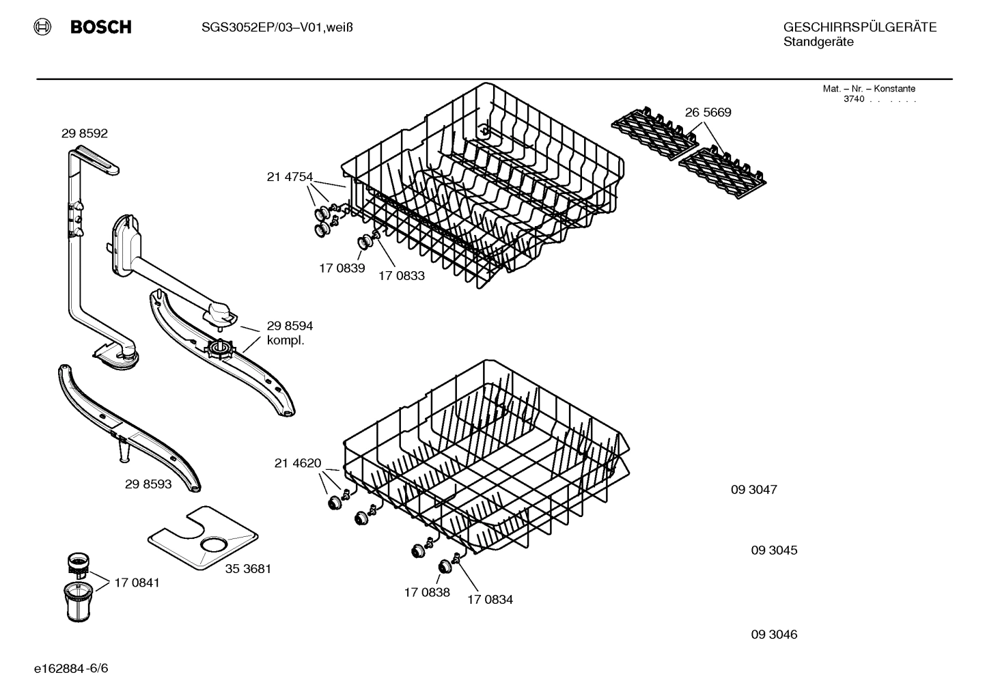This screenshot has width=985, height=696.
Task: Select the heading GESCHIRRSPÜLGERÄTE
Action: click(x=859, y=27)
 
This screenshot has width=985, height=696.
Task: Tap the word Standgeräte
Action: click(x=818, y=42)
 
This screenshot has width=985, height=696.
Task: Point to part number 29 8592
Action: click(x=84, y=134)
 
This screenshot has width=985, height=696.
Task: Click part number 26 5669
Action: click(x=708, y=113)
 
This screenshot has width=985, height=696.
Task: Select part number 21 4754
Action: click(x=289, y=178)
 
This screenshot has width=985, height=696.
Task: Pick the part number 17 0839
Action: click(x=342, y=268)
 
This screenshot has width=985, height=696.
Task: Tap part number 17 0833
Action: click(x=402, y=276)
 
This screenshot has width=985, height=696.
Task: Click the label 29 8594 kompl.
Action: click(x=290, y=333)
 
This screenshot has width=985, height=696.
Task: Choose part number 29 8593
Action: click(x=148, y=484)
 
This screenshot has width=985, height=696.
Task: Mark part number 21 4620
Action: click(x=297, y=464)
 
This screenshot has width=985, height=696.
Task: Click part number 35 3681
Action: click(x=248, y=568)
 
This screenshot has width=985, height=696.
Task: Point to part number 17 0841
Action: click(x=137, y=583)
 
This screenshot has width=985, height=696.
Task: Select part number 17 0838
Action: click(x=427, y=592)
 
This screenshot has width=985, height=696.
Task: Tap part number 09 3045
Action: click(x=774, y=551)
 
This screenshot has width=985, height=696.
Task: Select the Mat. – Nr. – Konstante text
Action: click(x=869, y=89)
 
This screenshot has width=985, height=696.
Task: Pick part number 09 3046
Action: click(x=774, y=635)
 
